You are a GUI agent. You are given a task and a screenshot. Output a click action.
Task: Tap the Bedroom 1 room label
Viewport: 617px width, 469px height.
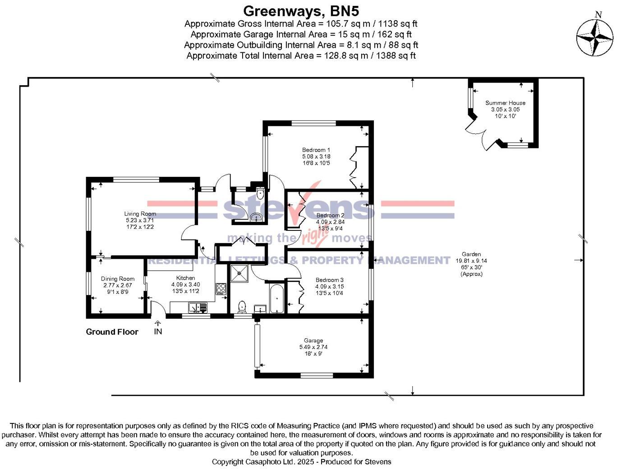[316, 150]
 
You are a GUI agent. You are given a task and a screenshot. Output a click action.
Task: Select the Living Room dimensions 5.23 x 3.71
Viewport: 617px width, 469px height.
[140, 221]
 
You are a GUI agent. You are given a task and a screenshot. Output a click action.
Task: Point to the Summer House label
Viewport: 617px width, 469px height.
[505, 103]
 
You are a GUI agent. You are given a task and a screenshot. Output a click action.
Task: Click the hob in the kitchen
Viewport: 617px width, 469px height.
[221, 288]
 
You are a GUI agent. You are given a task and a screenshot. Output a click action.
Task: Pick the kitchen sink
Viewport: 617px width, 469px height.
[198, 308]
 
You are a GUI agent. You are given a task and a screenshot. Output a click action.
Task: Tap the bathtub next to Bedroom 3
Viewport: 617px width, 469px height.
[276, 298]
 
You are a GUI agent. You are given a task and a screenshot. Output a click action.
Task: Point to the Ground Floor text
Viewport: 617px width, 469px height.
[112, 332]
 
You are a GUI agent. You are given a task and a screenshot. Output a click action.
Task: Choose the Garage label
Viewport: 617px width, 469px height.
[313, 341]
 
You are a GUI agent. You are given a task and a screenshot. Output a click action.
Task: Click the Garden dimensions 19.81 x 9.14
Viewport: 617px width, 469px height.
[471, 261]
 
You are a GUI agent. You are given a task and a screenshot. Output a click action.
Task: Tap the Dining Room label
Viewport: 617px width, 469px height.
[117, 279]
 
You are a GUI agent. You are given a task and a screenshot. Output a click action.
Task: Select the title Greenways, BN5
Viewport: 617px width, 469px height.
[301, 10]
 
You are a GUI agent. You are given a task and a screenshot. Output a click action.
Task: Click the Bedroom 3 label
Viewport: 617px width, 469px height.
[329, 280]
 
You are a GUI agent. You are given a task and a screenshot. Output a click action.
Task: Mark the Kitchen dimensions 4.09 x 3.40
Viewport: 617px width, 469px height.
[185, 285]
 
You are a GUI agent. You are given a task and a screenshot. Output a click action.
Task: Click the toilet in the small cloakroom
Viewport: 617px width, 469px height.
[260, 194]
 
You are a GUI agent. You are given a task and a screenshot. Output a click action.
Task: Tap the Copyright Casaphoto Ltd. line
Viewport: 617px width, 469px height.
[301, 462]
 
